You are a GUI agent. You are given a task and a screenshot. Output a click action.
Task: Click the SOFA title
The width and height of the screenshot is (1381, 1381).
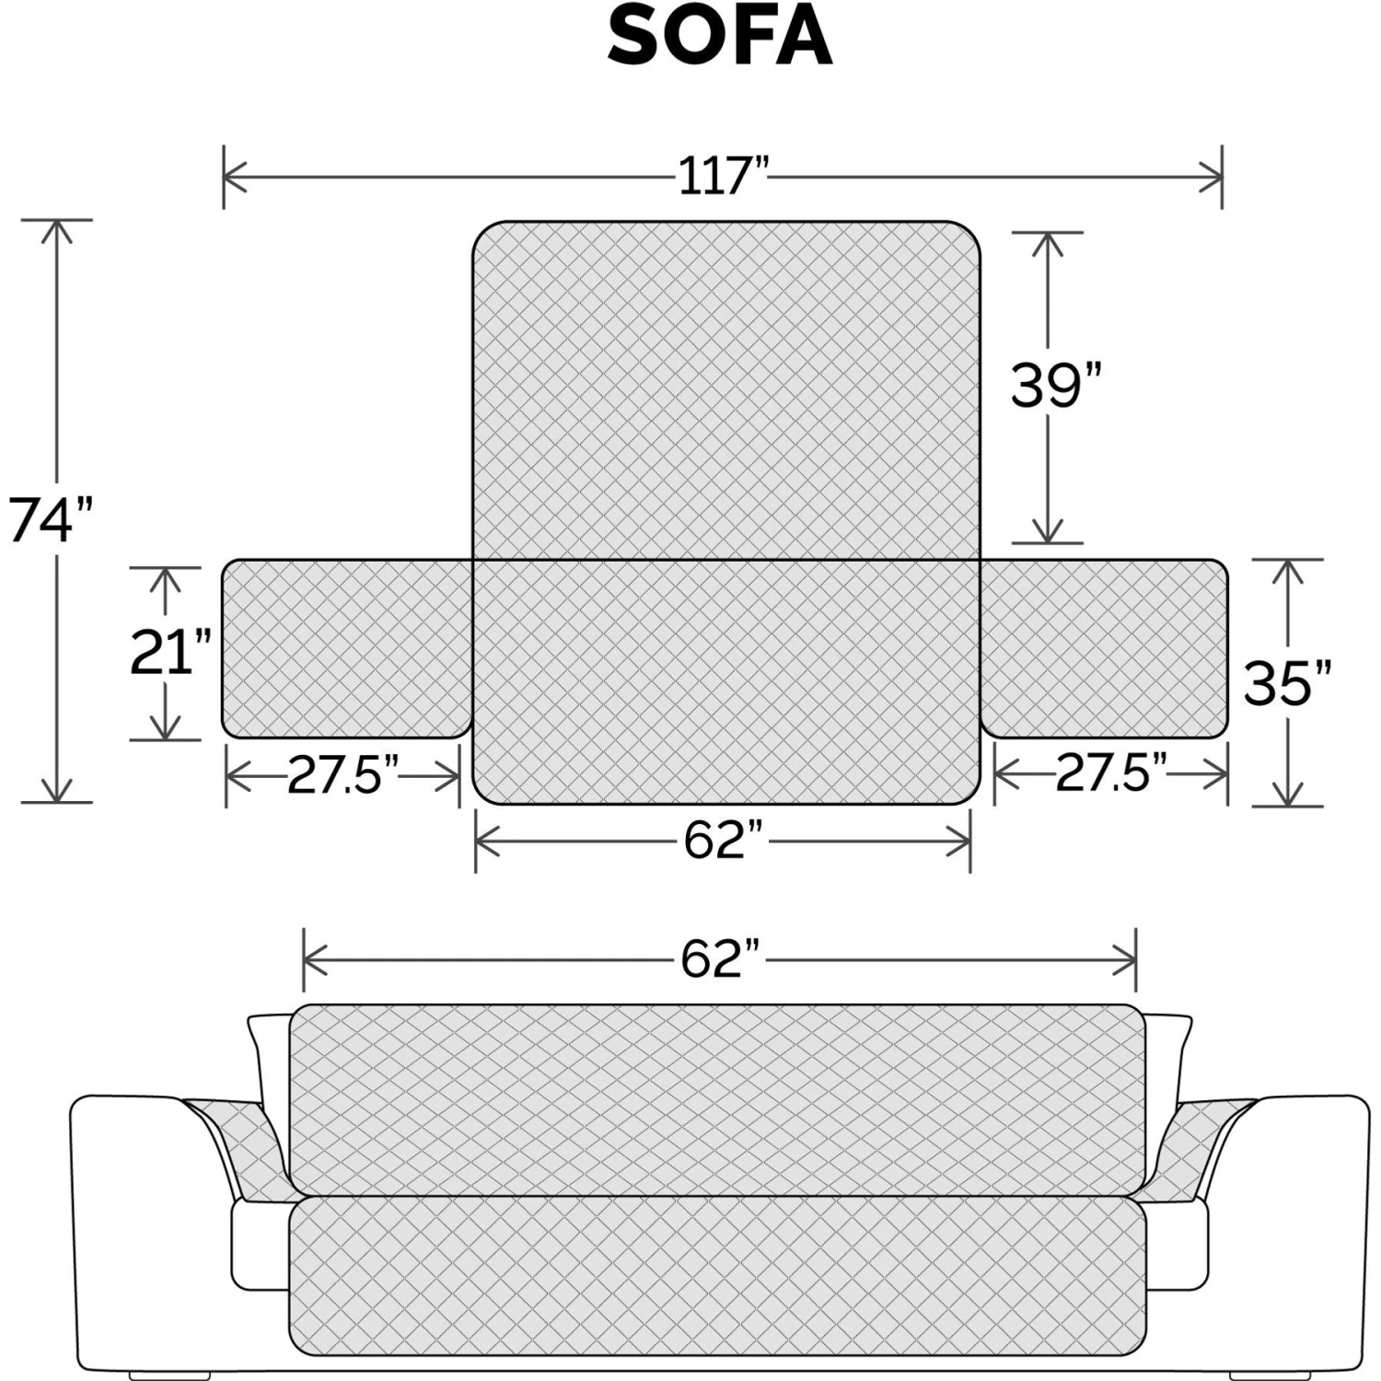click(x=720, y=38)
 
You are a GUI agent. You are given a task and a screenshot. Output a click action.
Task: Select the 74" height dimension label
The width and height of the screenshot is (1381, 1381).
click(x=52, y=519)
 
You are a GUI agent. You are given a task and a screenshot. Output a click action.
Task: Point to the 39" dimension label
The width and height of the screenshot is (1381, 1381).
click(x=1056, y=385)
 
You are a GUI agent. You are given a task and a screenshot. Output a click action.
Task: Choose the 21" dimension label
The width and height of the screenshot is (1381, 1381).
click(x=171, y=652)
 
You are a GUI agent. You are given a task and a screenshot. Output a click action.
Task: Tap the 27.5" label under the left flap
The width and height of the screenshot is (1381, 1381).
click(x=342, y=776)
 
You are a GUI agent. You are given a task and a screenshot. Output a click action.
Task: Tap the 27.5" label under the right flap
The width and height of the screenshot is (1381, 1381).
click(x=1111, y=772)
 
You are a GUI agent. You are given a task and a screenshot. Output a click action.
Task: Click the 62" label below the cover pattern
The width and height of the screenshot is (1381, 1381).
click(x=724, y=840)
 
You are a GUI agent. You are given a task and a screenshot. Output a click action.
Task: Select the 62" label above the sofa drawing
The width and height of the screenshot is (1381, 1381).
click(x=722, y=958)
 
